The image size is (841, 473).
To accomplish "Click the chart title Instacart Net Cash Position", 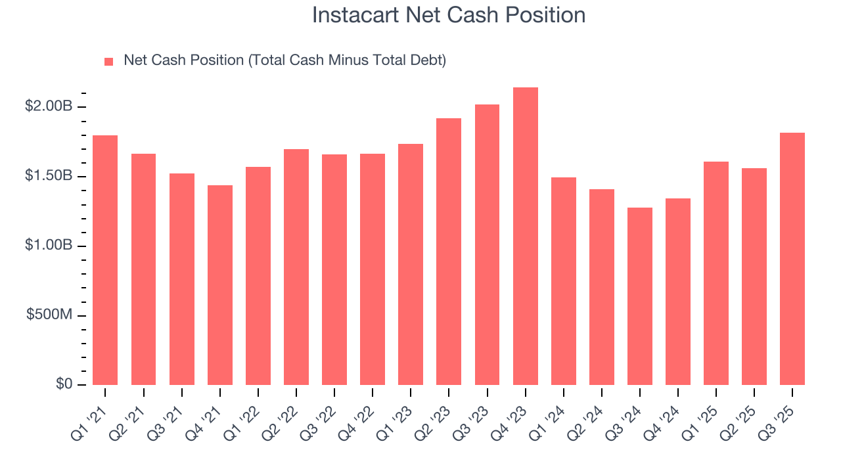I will [449, 15].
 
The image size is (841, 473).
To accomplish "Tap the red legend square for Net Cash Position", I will [109, 62].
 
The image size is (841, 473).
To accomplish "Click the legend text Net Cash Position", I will [284, 60].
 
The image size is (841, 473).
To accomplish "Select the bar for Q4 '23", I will [526, 236].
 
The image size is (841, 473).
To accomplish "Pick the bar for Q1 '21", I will [105, 260].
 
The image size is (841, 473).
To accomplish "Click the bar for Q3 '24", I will [640, 296].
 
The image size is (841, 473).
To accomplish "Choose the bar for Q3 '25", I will [792, 259].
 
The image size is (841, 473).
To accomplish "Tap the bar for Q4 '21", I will [220, 285].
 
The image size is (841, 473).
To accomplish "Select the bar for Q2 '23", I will [449, 252].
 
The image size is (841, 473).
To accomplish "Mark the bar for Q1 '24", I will [564, 281].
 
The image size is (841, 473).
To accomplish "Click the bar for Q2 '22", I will [296, 267].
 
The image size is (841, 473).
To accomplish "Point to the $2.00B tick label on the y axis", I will [48, 106].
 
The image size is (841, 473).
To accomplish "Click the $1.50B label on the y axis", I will [48, 176].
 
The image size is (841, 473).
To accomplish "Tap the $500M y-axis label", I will [49, 315].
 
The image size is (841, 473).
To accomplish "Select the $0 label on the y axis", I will [64, 384].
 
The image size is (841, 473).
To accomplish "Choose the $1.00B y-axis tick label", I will [48, 246].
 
